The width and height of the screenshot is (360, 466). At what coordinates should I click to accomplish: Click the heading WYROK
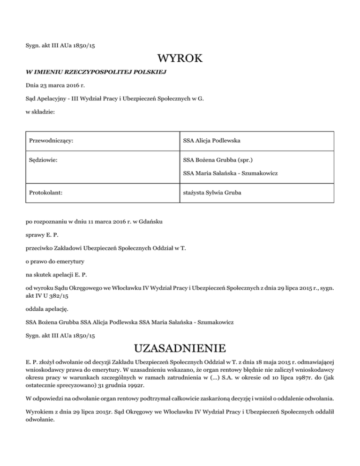(180, 59)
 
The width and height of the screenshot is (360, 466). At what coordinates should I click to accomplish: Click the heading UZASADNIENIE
(180, 349)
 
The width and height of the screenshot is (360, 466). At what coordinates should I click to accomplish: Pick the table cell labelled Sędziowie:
(43, 160)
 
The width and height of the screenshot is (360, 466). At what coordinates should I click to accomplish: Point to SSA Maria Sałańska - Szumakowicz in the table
(231, 173)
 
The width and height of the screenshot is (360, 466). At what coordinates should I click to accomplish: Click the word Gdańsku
(151, 221)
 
